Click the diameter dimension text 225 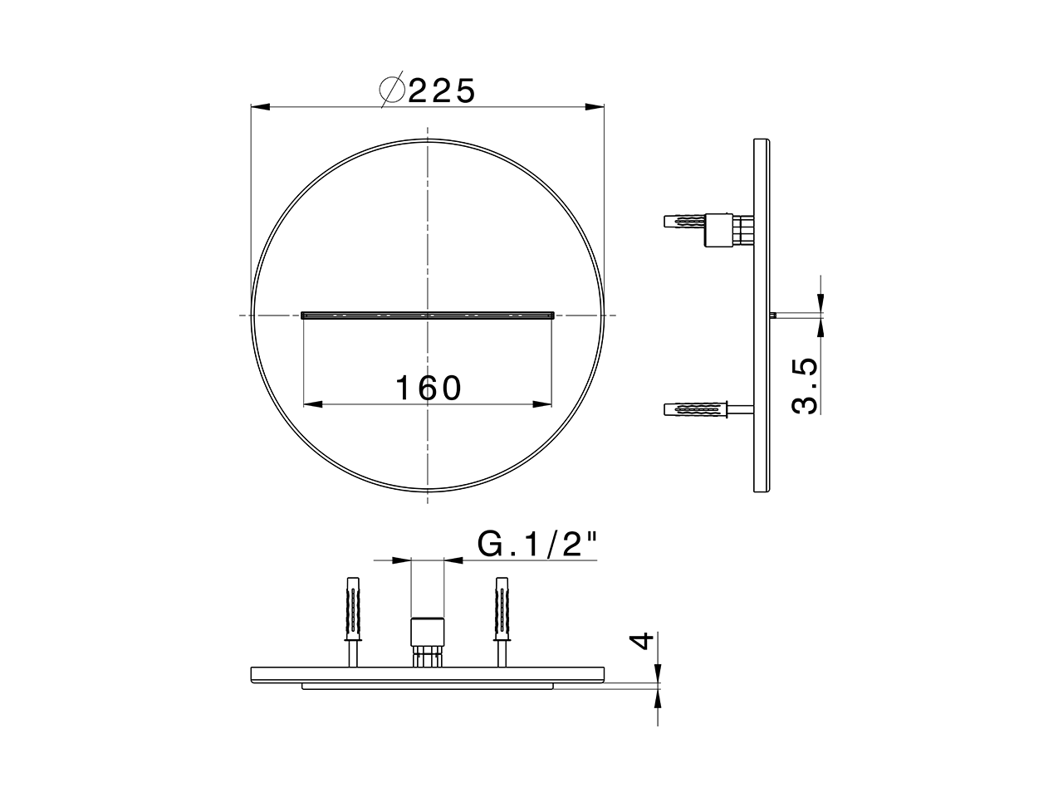point(442,90)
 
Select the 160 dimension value point(428,388)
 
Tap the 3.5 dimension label point(805,387)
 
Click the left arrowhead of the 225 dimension point(261,107)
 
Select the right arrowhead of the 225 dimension point(594,107)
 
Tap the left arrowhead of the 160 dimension point(312,404)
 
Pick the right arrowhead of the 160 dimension point(543,404)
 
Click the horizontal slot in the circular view point(428,315)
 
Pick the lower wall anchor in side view point(693,409)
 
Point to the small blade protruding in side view point(773,315)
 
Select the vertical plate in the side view point(762,315)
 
